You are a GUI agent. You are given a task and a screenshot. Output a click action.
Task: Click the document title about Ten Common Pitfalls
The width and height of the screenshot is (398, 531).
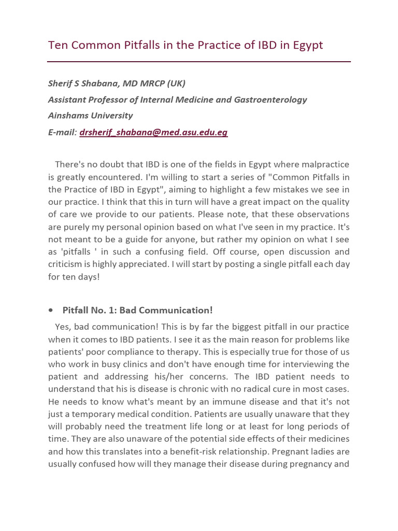185,45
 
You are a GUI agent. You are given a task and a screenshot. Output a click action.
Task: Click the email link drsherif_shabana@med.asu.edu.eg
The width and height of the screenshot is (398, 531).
153,132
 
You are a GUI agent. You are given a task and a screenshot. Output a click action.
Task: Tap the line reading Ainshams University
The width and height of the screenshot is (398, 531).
90,116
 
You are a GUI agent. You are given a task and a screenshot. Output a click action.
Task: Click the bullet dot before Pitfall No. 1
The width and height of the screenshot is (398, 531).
51,310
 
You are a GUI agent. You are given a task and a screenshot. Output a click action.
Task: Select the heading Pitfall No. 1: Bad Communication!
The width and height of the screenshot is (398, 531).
137,310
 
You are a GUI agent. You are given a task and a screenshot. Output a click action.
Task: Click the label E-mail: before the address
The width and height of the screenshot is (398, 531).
62,132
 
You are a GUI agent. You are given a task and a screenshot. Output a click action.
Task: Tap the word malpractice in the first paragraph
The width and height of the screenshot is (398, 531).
325,164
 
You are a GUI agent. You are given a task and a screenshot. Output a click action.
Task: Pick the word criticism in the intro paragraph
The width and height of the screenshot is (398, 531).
66,264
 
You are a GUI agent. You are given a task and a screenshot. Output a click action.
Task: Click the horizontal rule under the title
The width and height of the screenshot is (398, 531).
199,62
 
